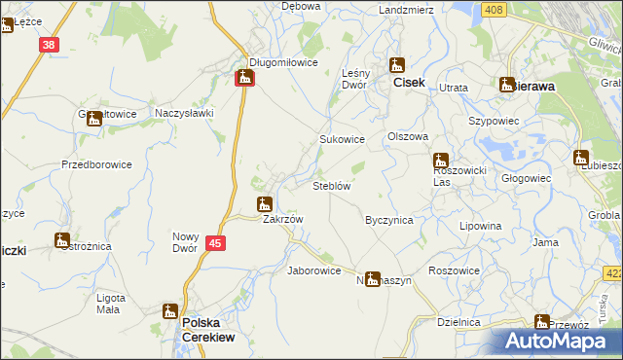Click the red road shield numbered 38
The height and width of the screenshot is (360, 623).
point(50,44)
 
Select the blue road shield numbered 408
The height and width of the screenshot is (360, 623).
point(495,10)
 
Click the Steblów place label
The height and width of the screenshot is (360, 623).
point(332,185)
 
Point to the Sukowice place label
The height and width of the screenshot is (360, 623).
point(343,139)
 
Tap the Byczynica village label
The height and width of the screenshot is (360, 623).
point(388,220)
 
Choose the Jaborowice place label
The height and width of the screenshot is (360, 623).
point(313,270)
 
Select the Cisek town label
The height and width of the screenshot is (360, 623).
point(409,83)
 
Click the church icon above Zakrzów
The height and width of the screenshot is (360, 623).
point(264,204)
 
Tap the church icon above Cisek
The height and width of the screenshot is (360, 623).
point(397,65)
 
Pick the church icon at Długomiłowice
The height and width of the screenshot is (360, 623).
point(245,77)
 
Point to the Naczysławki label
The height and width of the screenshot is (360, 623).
point(185,113)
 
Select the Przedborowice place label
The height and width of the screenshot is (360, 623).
point(96,164)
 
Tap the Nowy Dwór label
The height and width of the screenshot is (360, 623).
point(186,242)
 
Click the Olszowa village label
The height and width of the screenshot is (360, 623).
point(409,137)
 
